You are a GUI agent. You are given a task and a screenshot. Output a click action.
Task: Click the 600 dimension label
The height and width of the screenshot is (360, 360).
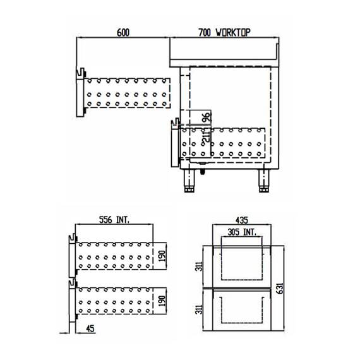[x=123, y=32]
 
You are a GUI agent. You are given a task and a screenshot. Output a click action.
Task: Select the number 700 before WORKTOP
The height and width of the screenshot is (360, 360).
[x=203, y=32]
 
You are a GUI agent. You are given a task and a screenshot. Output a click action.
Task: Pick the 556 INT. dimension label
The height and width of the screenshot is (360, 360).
[x=114, y=220]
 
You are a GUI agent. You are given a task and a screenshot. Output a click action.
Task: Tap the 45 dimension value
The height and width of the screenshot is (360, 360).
[x=90, y=328]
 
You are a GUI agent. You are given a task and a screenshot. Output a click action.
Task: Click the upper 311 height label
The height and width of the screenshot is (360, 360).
[x=200, y=265]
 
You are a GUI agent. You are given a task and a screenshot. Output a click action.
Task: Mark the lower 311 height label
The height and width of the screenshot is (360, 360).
[x=200, y=311]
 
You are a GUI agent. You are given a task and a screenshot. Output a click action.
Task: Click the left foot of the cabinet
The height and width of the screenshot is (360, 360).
[x=190, y=181]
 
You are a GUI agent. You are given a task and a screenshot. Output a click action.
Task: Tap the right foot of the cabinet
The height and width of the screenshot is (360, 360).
[x=264, y=181]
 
